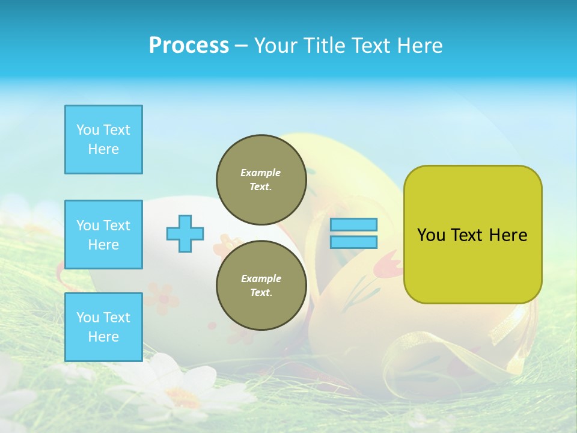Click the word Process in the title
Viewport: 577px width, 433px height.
(x=189, y=46)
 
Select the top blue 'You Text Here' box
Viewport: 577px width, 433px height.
(x=103, y=140)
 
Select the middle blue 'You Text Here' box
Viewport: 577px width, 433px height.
(x=103, y=235)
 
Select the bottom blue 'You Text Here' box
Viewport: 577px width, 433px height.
(x=103, y=327)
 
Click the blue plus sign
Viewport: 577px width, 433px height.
(x=185, y=233)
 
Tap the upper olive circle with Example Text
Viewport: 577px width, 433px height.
(x=261, y=179)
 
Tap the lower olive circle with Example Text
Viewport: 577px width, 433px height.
(x=261, y=285)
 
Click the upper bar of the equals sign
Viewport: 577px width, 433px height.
(x=353, y=224)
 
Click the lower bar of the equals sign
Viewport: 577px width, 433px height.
(x=353, y=242)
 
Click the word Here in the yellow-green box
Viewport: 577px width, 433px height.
(x=508, y=235)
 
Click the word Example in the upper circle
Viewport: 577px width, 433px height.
(x=261, y=173)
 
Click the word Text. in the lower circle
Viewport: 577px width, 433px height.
(x=261, y=293)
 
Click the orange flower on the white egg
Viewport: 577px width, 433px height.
(x=161, y=297)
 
